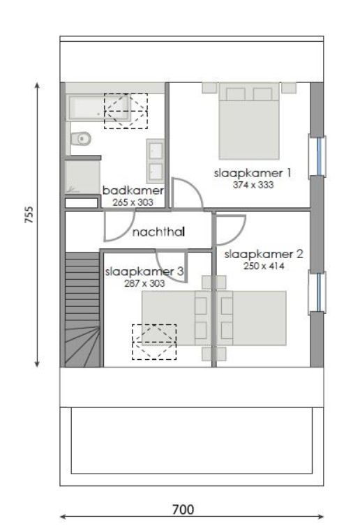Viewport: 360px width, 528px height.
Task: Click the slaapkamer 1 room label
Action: coord(243,173)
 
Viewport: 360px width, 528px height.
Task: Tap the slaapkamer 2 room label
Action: coord(264,255)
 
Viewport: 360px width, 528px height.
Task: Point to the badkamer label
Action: coord(133,190)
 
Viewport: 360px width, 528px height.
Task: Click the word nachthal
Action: coord(158,233)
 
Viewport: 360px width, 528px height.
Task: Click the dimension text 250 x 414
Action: coord(264,266)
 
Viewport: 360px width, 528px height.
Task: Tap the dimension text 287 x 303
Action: coord(144,283)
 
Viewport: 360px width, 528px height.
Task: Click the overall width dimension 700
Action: coord(182,509)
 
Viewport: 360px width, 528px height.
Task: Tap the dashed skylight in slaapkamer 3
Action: coord(154,342)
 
